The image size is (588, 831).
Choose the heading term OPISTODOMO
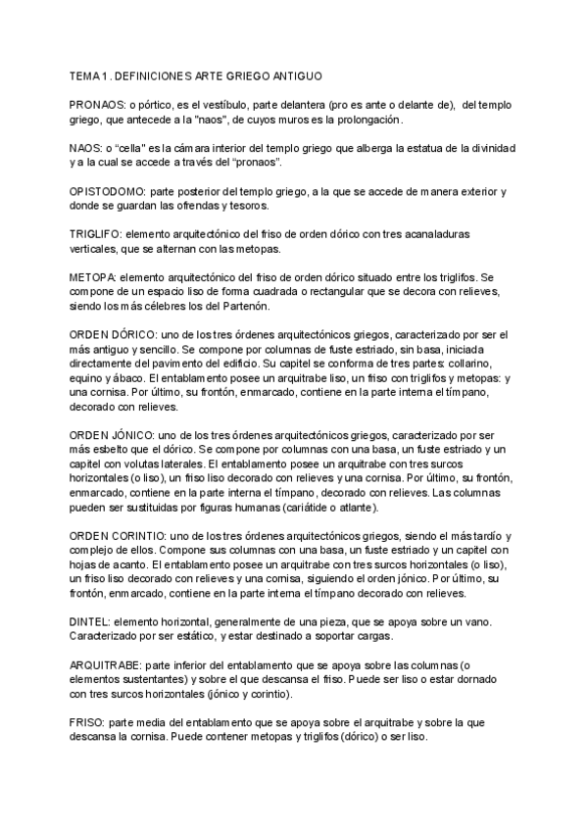[109, 193]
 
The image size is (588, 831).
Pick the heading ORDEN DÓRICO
[111, 332]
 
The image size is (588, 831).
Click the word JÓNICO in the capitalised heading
[144, 435]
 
